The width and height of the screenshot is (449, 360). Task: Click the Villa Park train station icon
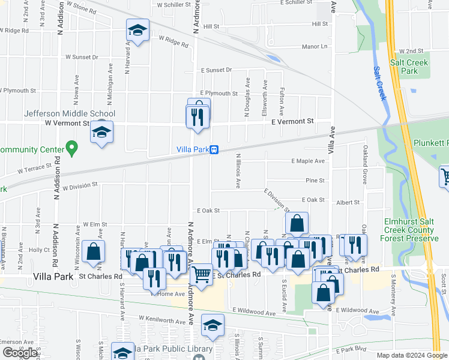point(214,150)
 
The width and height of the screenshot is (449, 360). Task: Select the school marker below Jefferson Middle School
point(101,132)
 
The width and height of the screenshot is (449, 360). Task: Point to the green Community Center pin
point(72,146)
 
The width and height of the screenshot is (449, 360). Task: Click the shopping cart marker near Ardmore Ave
point(202,276)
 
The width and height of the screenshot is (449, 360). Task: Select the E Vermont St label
point(292,121)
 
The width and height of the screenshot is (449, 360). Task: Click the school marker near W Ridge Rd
point(137,31)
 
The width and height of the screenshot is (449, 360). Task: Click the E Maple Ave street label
point(308,161)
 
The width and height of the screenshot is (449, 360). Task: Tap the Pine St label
point(315,180)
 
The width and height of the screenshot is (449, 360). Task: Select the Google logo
point(20,353)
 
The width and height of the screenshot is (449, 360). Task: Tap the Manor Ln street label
point(315,47)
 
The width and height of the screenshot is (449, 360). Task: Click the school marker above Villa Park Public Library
point(212,325)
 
